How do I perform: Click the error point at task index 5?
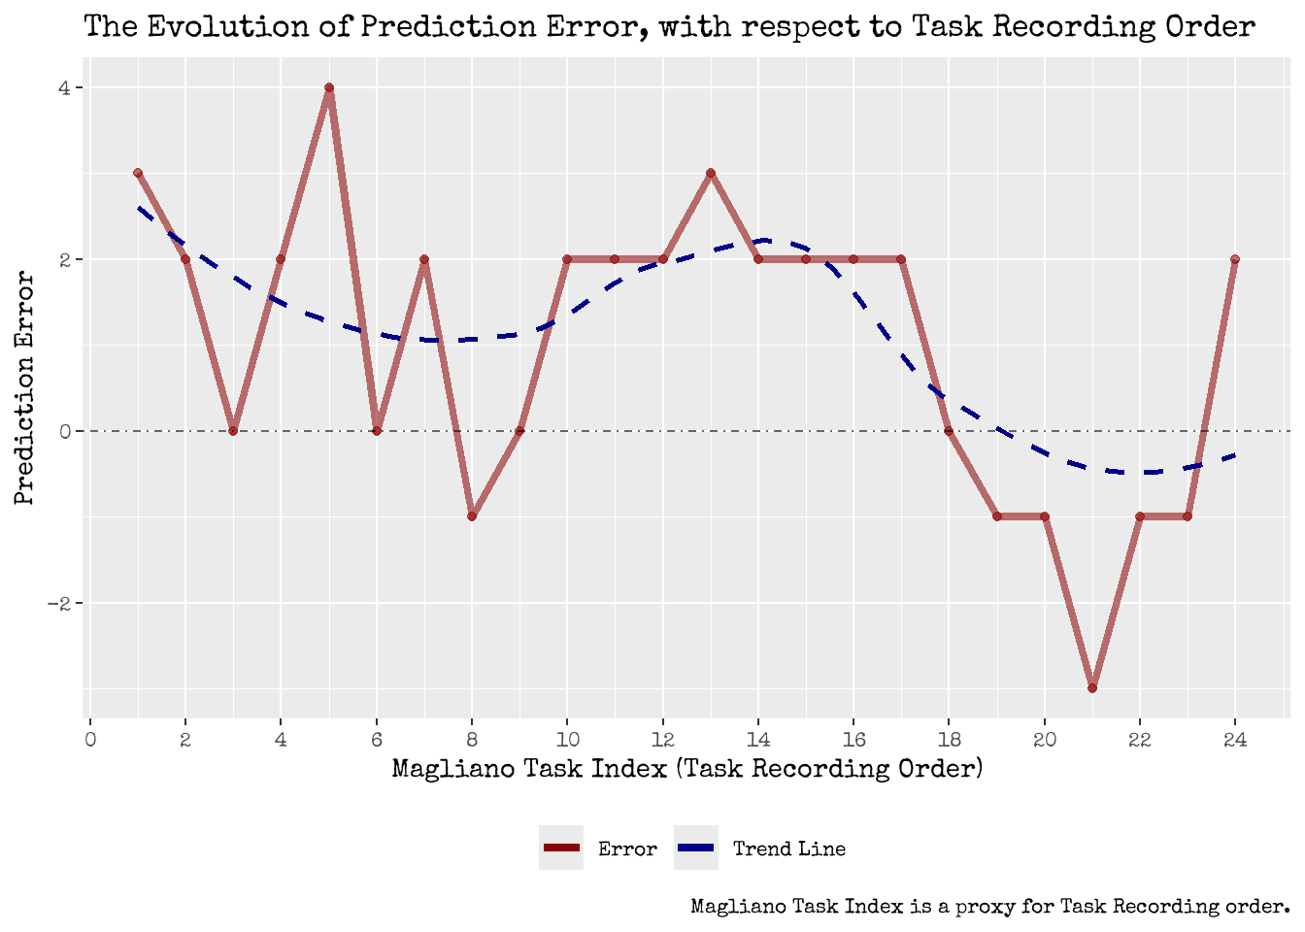coord(329,87)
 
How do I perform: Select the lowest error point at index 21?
coord(1092,688)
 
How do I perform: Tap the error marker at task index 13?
coord(711,173)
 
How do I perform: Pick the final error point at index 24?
coord(1235,259)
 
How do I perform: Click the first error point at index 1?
coord(138,173)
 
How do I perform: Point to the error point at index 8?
coord(472,516)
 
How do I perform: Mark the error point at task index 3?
coord(233,431)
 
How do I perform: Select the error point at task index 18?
coord(949,431)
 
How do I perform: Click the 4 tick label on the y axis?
coord(65,87)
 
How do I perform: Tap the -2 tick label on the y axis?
coord(60,603)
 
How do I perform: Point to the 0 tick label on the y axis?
coord(65,431)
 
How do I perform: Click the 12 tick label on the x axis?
coord(662,740)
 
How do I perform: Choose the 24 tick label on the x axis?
coord(1235,740)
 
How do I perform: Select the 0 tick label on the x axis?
coord(90,740)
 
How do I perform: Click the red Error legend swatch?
coord(561,848)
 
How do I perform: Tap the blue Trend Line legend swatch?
coord(696,848)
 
